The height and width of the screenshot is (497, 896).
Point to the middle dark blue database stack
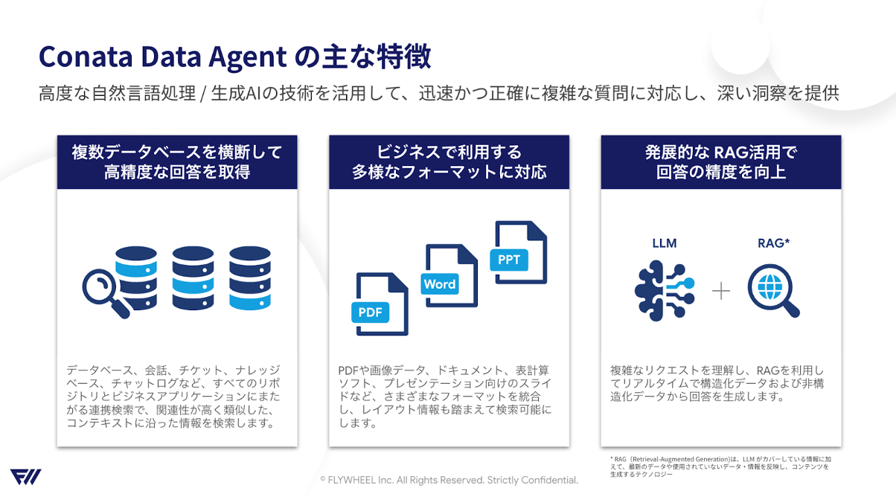pos(193,278)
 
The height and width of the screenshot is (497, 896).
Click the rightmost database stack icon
pos(249,278)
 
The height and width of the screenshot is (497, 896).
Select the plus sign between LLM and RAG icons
pos(720,290)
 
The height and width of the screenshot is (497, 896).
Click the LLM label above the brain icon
pos(664,243)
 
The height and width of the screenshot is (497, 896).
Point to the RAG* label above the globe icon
pos(772,243)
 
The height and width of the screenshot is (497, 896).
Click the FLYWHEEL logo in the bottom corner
pos(25,477)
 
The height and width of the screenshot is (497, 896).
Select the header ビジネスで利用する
pos(449,153)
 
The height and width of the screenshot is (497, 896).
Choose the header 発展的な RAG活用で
pos(720,153)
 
